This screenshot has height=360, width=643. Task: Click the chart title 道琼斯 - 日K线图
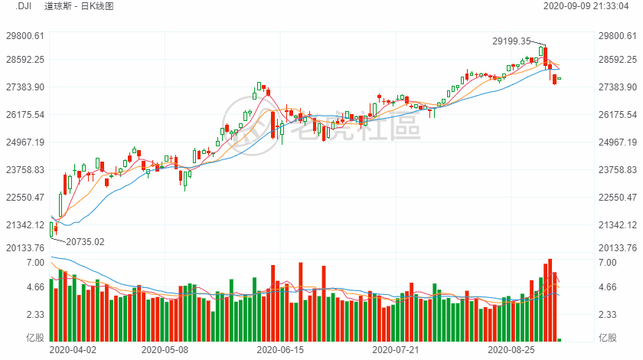click(85, 6)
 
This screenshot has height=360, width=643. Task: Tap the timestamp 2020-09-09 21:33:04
click(586, 6)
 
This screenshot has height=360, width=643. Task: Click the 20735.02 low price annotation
click(85, 242)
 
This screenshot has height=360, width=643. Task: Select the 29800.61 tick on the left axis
click(24, 36)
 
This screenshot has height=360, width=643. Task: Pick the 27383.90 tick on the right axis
click(617, 87)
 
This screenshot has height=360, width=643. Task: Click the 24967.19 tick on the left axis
click(24, 142)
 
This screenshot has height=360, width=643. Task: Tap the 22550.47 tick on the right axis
click(617, 198)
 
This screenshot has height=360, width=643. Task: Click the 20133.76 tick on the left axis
click(24, 248)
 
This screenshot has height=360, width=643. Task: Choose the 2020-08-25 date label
click(513, 349)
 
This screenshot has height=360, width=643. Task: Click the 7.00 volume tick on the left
click(36, 263)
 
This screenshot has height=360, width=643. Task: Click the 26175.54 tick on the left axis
click(24, 115)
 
